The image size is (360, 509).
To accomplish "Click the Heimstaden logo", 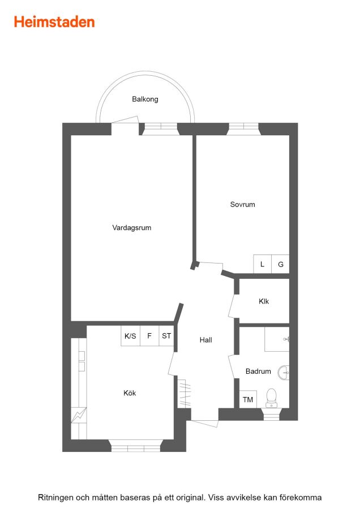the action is click(54, 22).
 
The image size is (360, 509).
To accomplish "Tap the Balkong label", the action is click(145, 99).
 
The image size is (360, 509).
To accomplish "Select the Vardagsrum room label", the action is click(131, 227).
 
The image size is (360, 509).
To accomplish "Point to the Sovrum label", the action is click(242, 205).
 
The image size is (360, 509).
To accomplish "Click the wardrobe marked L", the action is click(262, 264).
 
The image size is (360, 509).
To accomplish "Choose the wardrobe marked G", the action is click(280, 264).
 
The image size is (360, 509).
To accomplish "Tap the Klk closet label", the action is click(264, 301).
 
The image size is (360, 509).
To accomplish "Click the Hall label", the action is click(205, 340).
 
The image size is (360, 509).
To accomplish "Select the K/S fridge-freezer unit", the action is click(130, 335).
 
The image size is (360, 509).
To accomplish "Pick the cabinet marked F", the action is click(149, 335).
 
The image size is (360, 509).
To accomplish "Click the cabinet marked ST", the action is click(166, 335).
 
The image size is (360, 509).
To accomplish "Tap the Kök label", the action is click(130, 393).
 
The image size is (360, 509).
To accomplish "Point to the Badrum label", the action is click(258, 371).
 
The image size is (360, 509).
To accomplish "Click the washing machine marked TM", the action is click(248, 399).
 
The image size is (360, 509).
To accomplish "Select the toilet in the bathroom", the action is click(271, 398).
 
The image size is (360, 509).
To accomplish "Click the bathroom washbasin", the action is click(284, 373).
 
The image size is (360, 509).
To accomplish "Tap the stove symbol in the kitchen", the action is click(79, 415).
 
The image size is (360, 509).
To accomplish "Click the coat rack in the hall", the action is click(184, 394).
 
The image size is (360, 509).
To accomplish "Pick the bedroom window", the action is click(243, 129).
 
